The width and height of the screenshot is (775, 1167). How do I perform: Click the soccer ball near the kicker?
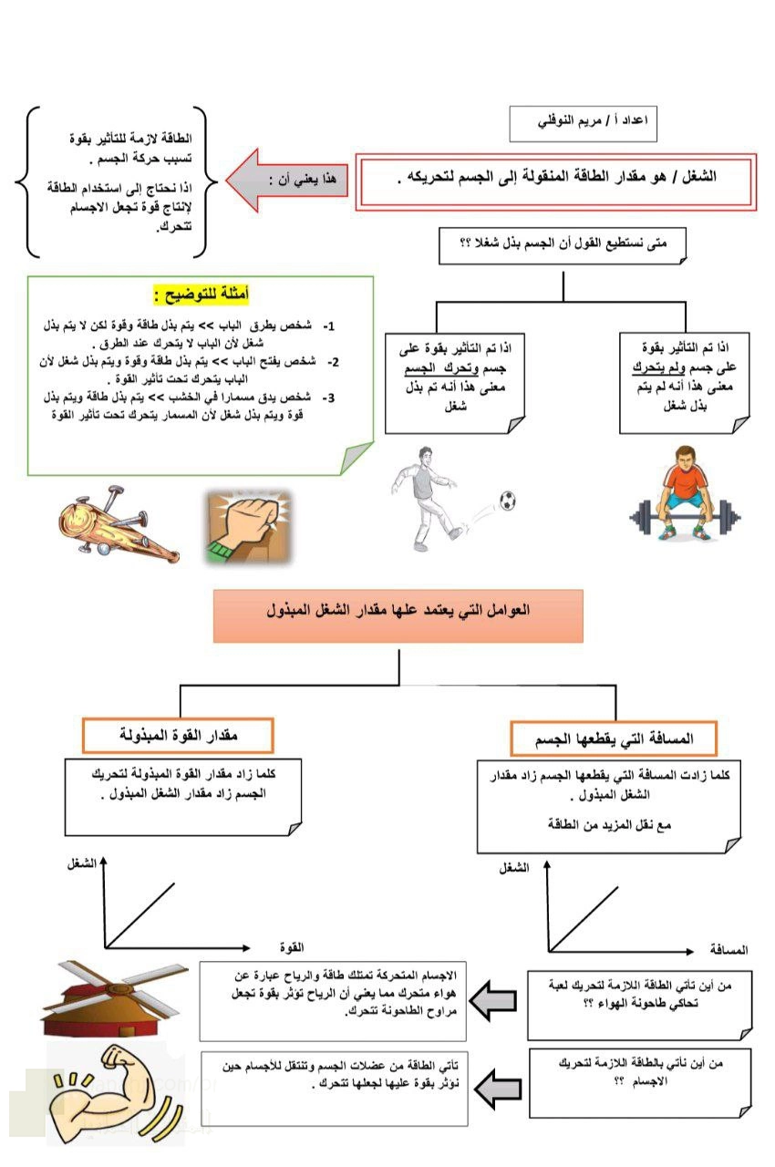pyautogui.click(x=507, y=500)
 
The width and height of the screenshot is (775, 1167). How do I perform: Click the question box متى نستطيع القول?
pyautogui.click(x=562, y=244)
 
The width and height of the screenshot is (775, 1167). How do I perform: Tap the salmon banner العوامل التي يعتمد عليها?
pyautogui.click(x=398, y=615)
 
